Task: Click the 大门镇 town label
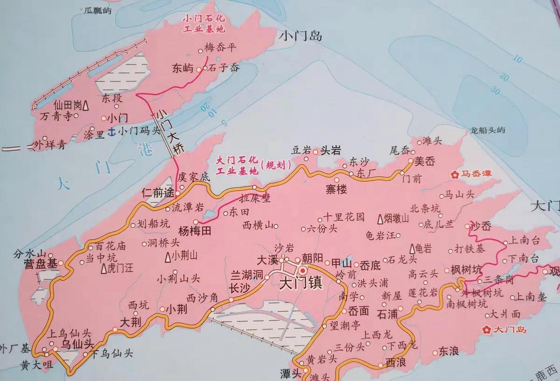(301, 283)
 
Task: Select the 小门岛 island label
(301, 37)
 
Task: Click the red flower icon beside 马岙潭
(455, 174)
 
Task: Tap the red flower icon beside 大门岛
(487, 330)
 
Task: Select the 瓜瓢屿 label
(98, 11)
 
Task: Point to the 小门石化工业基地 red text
(204, 24)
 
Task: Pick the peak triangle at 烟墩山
(380, 219)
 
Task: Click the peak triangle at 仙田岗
(86, 105)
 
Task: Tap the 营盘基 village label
(41, 264)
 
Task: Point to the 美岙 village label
(425, 161)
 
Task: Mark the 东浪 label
(448, 351)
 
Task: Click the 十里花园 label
(344, 217)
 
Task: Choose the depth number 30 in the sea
(495, 90)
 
